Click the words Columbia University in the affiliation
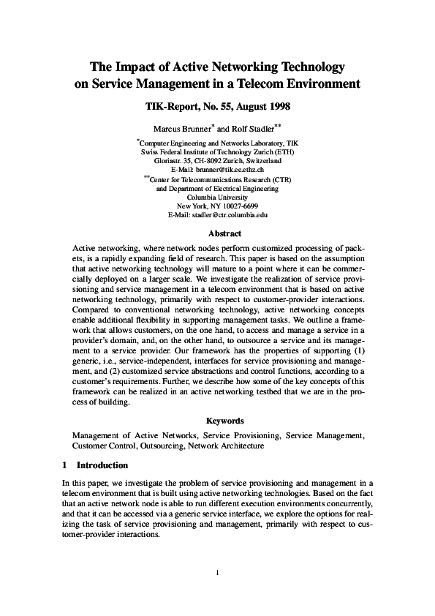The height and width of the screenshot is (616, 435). coord(217,197)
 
